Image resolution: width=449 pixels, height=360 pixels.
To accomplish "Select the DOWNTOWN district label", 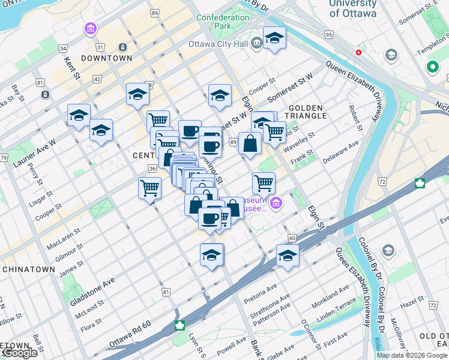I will [x=106, y=58].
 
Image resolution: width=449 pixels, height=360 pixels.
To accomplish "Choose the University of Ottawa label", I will [x=352, y=8].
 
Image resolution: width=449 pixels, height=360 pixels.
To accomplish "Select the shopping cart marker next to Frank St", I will [x=264, y=183].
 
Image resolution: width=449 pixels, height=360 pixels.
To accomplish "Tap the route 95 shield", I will [x=328, y=35].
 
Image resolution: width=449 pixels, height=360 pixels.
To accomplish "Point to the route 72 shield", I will [x=381, y=180].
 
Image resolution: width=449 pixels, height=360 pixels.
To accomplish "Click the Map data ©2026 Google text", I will [x=412, y=355].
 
